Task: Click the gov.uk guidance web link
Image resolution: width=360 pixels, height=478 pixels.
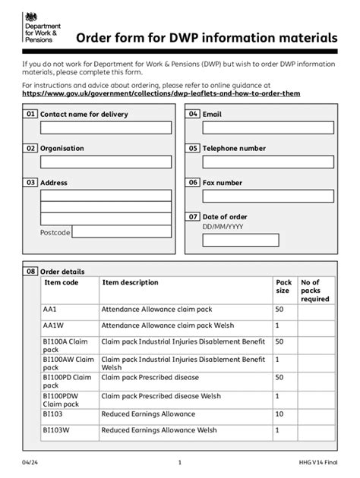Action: (x=161, y=93)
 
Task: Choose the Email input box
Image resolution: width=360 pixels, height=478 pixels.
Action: (x=267, y=127)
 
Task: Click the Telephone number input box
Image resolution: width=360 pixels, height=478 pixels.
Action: (x=267, y=162)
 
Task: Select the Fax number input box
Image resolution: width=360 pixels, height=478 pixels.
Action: (x=267, y=196)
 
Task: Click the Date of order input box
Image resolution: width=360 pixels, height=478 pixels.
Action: (x=267, y=240)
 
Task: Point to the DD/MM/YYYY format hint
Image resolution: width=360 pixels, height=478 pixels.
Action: (x=223, y=226)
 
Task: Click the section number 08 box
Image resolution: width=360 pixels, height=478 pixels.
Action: (x=30, y=271)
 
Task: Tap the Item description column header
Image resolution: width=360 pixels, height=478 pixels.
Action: (x=130, y=283)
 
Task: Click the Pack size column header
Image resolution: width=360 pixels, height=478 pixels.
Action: (x=283, y=287)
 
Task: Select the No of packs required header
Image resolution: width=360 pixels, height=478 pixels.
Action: (x=314, y=291)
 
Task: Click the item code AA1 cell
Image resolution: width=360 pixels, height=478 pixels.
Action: (x=51, y=310)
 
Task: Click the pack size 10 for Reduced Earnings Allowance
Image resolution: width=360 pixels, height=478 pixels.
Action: (x=279, y=414)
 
